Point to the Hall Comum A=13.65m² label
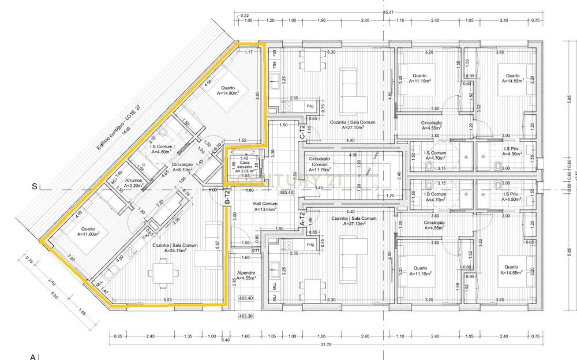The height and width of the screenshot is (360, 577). click(265, 207)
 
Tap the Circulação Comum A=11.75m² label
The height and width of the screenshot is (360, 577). click(319, 164)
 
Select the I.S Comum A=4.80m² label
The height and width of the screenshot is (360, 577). click(161, 149)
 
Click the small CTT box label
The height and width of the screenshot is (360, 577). click(256, 250)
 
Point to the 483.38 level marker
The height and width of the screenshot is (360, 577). click(246, 316)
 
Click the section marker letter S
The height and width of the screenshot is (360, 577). click(34, 186)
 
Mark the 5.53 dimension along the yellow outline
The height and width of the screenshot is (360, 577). click(168, 300)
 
